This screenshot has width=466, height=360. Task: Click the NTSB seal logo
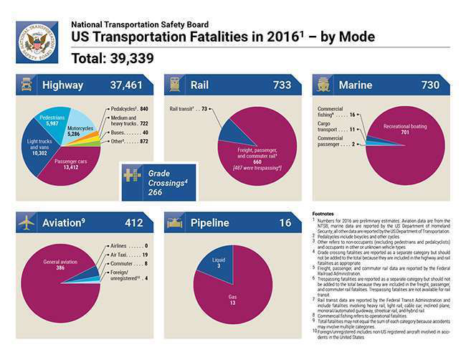37,42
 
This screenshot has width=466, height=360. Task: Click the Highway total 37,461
126,85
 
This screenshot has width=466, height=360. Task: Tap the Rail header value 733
282,85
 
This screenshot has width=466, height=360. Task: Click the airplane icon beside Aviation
27,223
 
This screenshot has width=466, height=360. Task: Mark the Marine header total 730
430,85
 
